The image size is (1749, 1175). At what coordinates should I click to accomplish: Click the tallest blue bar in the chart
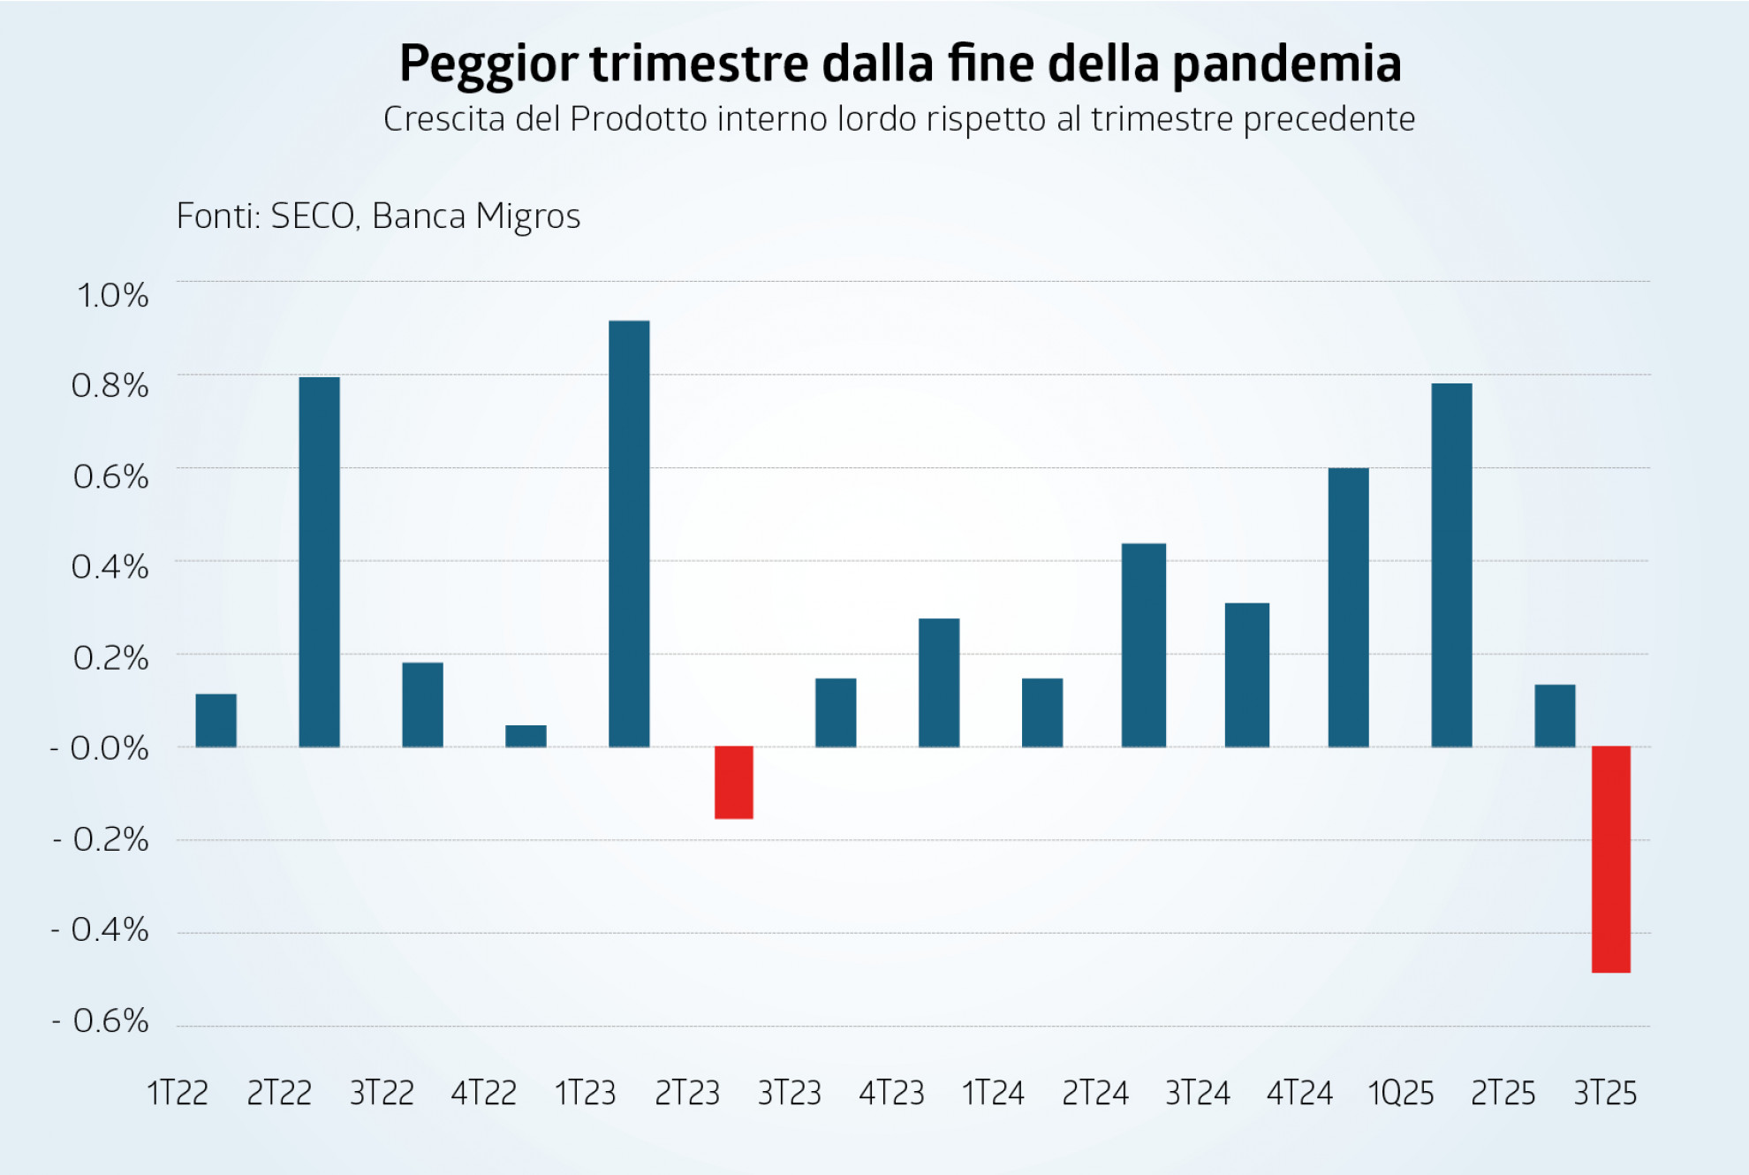pos(629,534)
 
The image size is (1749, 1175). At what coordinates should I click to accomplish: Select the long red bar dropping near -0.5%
pos(1610,859)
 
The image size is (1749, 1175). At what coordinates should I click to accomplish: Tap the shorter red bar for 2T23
pos(733,783)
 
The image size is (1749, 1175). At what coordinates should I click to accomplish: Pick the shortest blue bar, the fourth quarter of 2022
pos(526,736)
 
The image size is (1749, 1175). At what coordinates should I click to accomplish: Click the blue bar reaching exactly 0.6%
pos(1348,608)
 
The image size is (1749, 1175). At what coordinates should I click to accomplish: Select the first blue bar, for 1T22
pos(216,720)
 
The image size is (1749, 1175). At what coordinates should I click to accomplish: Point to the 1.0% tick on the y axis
pos(112,296)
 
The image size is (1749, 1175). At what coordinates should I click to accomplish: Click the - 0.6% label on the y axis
pos(100,1021)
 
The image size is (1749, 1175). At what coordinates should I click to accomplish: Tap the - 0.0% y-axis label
pos(99,748)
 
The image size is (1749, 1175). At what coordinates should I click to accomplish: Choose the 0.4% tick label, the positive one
pos(110,567)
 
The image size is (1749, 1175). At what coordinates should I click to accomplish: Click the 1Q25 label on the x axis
pos(1400,1094)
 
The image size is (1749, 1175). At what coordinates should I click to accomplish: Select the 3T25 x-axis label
pos(1605,1094)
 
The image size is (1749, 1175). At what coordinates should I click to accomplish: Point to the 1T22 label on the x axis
pos(178,1094)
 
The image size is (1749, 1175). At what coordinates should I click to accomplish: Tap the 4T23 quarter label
pos(891,1094)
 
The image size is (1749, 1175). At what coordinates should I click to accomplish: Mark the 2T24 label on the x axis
pos(1095,1094)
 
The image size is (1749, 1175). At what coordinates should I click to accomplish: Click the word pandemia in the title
pos(1287,64)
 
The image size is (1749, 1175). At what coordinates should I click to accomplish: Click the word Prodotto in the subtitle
pos(639,119)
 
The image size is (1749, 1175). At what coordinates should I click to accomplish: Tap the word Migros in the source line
pos(527,216)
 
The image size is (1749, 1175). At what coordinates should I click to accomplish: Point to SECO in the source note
pos(313,216)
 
